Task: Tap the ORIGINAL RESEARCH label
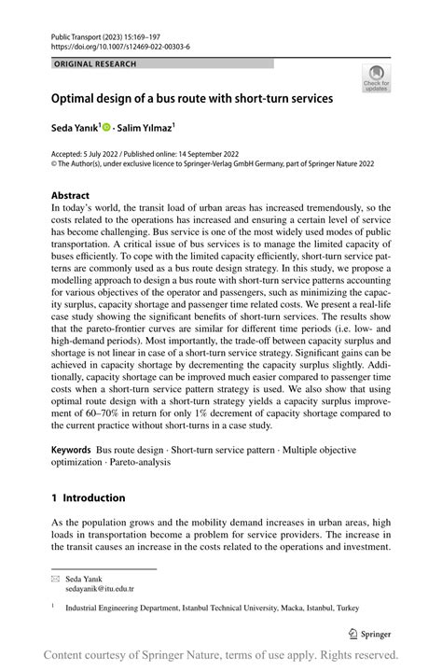(95, 63)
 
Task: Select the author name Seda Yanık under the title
(80, 127)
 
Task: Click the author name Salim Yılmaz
(149, 127)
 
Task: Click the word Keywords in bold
(71, 450)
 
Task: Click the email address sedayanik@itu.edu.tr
(100, 589)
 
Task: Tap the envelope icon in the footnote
(55, 579)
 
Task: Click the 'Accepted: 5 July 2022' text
(88, 151)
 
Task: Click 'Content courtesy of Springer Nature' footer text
(134, 655)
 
